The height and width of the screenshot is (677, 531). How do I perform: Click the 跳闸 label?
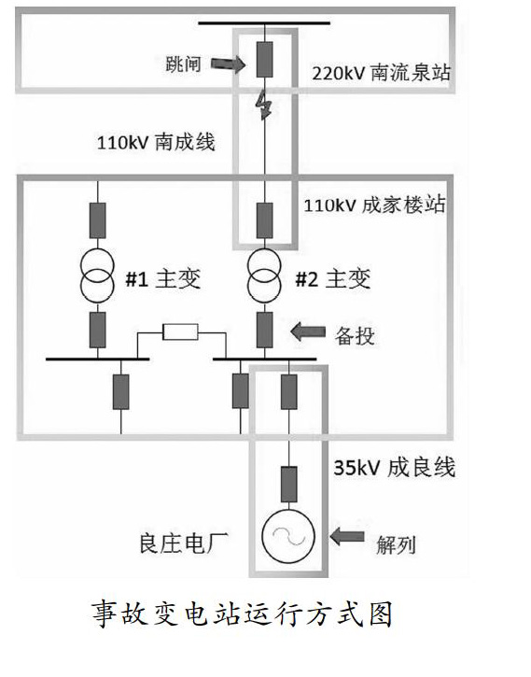[x=183, y=64]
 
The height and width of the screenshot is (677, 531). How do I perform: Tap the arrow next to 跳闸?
[x=229, y=64]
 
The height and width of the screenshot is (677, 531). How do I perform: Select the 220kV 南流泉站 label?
[x=381, y=73]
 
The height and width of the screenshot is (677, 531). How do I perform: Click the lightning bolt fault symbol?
[x=263, y=106]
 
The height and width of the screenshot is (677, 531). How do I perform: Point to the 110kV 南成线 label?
[x=156, y=142]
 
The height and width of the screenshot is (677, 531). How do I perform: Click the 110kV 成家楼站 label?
[x=374, y=205]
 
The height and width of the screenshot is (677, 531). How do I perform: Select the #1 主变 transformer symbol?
[x=97, y=275]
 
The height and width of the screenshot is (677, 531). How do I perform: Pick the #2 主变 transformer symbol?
[x=264, y=275]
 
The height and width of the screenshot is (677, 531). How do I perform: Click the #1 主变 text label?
[x=163, y=279]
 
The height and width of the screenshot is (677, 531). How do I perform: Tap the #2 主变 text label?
[x=332, y=279]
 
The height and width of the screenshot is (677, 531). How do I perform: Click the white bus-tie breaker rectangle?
[x=180, y=332]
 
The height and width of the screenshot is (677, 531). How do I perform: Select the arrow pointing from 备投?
[x=308, y=332]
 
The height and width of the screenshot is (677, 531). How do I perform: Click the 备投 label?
[x=355, y=336]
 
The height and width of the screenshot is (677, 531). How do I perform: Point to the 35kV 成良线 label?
[x=394, y=468]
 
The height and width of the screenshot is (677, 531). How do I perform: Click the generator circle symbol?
[x=288, y=536]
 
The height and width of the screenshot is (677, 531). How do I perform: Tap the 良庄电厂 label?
[x=183, y=543]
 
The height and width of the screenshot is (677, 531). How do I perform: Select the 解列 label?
[x=396, y=545]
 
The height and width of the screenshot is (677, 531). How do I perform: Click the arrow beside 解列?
[x=347, y=537]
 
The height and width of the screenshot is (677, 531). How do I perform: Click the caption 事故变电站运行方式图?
[x=242, y=614]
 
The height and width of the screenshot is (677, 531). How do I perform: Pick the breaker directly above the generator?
[x=288, y=484]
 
